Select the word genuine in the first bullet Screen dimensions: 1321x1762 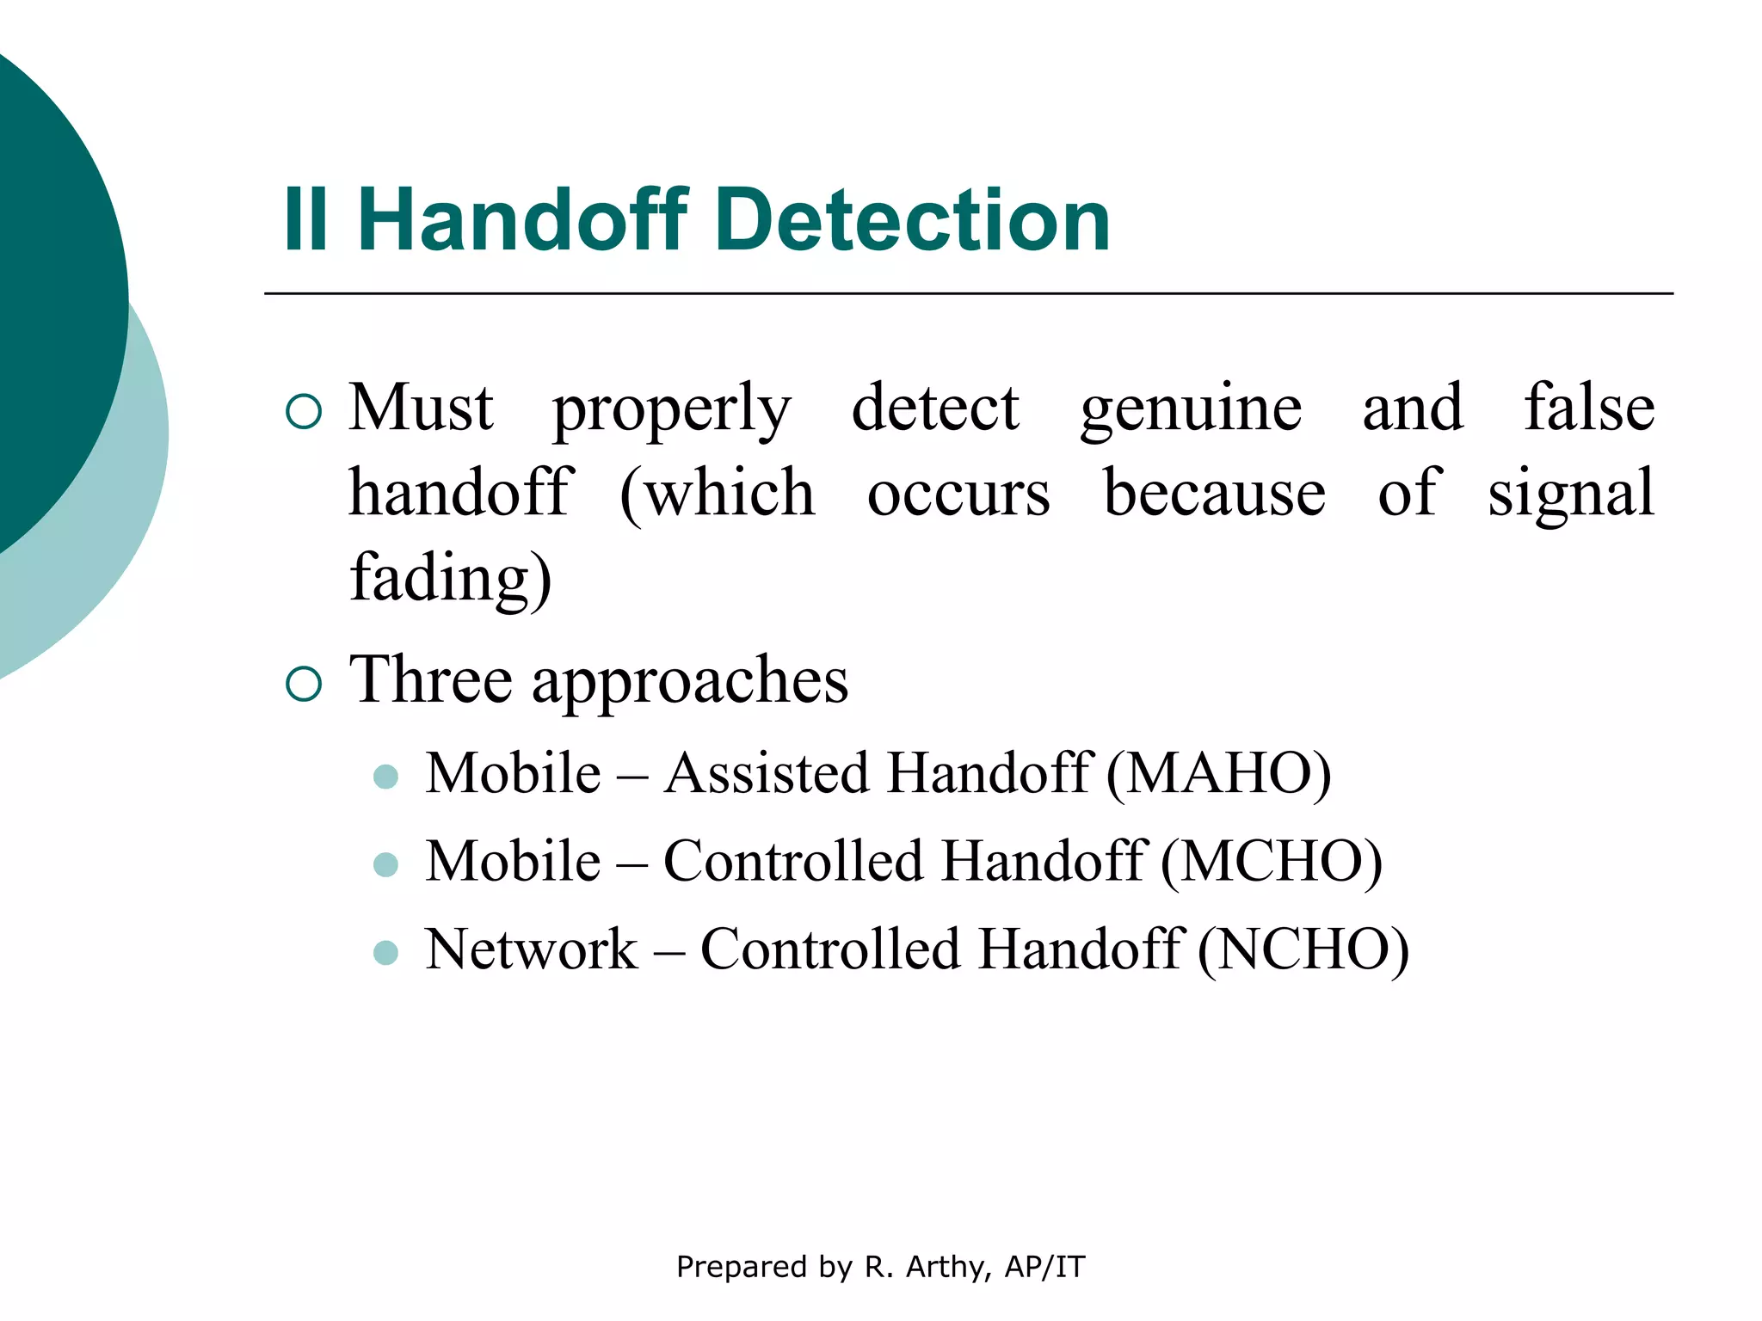click(x=1191, y=409)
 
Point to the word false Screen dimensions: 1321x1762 click(x=1589, y=408)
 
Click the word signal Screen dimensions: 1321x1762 click(x=1571, y=495)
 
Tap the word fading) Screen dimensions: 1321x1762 click(x=450, y=579)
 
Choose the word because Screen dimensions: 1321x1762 click(x=1214, y=494)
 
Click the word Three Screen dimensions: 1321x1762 click(x=431, y=680)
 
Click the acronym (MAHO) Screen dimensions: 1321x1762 click(x=1218, y=773)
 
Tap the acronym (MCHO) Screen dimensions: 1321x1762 click(x=1272, y=862)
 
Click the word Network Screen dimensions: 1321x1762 click(x=532, y=950)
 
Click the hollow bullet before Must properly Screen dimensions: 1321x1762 click(x=304, y=412)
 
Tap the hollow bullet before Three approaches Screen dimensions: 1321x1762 click(x=304, y=685)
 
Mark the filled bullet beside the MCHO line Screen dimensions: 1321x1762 click(x=386, y=864)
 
